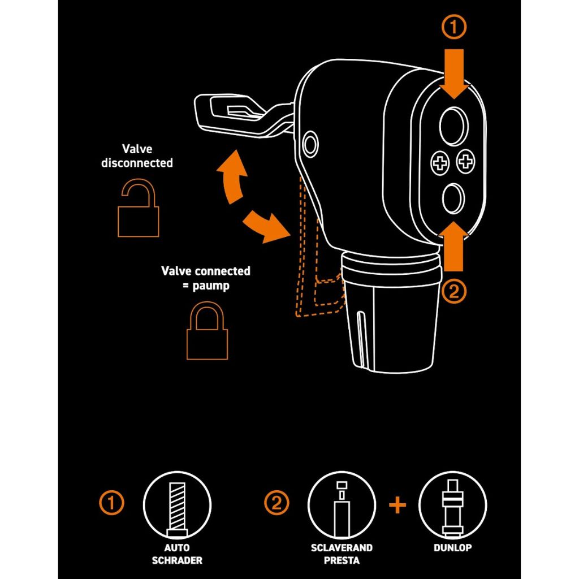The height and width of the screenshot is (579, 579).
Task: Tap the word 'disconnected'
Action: pos(137,163)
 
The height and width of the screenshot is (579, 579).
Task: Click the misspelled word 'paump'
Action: pos(211,286)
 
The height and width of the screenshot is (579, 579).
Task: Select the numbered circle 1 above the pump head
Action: pos(454,27)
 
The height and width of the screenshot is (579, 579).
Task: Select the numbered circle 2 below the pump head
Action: pos(454,292)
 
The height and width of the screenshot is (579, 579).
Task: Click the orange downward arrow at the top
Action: pos(454,74)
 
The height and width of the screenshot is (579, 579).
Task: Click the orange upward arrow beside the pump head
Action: pos(454,247)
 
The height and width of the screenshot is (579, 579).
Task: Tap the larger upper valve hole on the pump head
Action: pos(453,126)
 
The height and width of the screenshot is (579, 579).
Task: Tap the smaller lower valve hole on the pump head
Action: pos(453,198)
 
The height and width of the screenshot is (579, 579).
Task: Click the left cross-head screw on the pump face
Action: pos(440,162)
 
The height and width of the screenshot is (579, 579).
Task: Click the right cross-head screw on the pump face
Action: pos(466,161)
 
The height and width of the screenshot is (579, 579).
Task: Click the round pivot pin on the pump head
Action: pos(310,144)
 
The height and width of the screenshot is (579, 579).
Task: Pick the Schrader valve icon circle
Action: pos(177,505)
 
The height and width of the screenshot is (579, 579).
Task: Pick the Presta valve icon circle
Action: pos(342,505)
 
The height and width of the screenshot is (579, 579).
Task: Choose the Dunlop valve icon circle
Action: pos(453,505)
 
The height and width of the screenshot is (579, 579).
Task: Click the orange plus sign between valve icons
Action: pos(397,505)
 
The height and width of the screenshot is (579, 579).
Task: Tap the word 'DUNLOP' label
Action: pos(453,547)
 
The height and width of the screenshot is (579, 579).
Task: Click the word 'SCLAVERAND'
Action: pos(342,547)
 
